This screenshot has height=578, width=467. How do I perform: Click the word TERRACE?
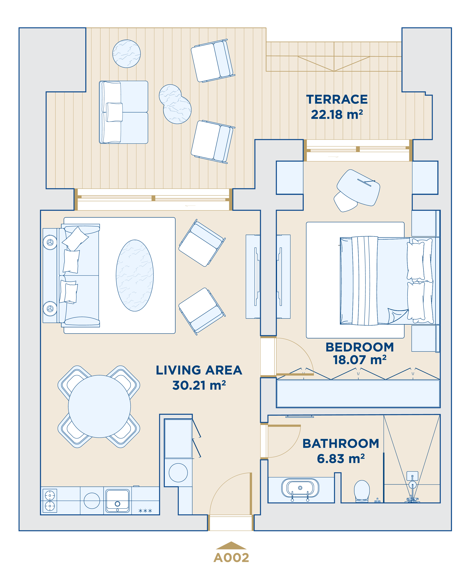(337, 99)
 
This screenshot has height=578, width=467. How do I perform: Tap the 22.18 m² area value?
(337, 114)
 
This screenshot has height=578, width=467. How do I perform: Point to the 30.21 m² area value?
(199, 385)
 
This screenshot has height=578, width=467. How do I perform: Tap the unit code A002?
(231, 558)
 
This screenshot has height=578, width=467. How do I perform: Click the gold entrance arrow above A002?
(231, 545)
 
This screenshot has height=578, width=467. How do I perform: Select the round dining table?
(99, 406)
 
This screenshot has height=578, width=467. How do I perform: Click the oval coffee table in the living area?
(135, 275)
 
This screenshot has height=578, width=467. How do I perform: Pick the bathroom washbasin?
(300, 488)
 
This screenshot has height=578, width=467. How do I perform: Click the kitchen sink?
(117, 500)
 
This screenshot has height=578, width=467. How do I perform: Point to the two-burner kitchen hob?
(50, 500)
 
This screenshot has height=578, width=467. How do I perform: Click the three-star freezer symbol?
(145, 511)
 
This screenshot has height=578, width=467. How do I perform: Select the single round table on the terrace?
(127, 54)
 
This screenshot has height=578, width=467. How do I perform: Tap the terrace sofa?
(123, 112)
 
